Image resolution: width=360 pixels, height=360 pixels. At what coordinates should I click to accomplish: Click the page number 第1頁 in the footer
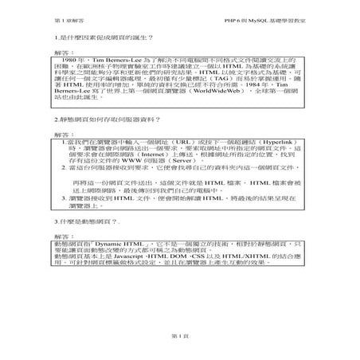tap(180, 337)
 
